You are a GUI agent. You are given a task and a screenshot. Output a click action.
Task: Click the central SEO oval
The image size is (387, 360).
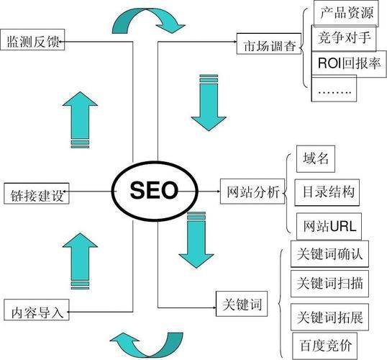click(153, 192)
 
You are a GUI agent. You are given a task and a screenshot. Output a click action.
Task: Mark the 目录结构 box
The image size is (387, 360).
click(328, 192)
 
